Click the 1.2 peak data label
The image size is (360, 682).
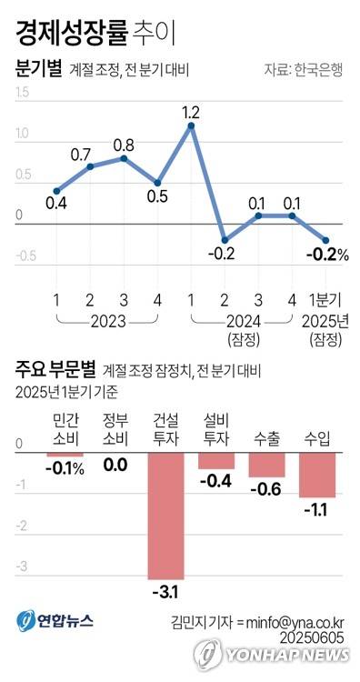191,113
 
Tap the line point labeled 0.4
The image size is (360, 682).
56,191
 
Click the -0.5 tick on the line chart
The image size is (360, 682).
25,256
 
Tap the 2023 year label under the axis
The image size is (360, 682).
107,321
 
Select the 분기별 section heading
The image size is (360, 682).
39,68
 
